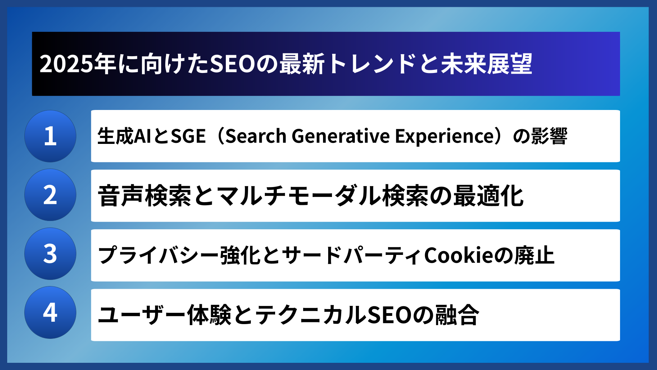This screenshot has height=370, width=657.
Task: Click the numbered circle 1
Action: coord(50,136)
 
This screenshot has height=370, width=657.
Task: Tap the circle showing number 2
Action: coord(50,195)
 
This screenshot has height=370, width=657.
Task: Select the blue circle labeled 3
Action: coord(50,254)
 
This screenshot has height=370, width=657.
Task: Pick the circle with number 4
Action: coord(50,312)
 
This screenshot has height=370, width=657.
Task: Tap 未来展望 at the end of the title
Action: coord(486,64)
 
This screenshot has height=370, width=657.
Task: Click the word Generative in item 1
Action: coord(340,136)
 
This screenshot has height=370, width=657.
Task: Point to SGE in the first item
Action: coord(188,136)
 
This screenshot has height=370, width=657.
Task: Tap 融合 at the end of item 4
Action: coord(457,315)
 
